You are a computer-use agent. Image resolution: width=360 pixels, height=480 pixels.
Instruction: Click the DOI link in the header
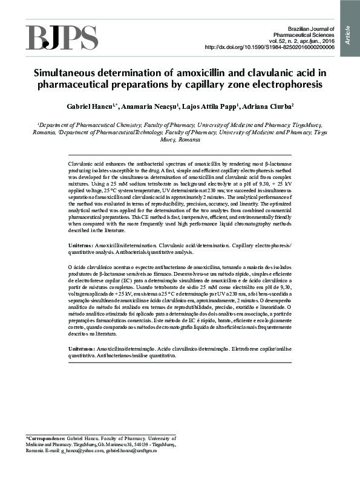269,47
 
